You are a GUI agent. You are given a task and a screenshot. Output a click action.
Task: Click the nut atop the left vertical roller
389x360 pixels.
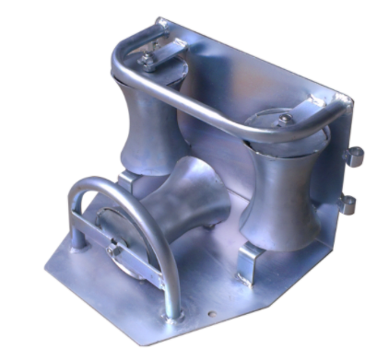pos(147,60)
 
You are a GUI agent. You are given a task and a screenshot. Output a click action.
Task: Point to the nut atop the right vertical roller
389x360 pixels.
pos(288,119)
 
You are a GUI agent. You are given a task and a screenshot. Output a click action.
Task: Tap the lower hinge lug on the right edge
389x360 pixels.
pos(348,203)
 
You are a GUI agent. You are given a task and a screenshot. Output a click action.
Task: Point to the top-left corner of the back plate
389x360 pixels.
pos(159,19)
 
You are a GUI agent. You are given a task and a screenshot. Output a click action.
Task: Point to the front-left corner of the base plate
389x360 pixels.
pos(46,267)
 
